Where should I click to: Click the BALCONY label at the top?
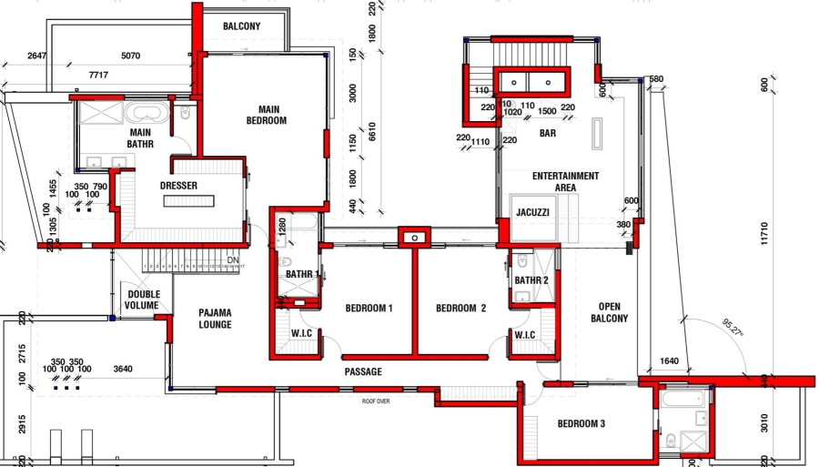point(242,26)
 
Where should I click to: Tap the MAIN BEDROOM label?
point(267,115)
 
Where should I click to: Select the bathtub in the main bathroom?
point(146,114)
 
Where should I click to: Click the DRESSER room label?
point(178,186)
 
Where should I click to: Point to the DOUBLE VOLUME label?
point(144,299)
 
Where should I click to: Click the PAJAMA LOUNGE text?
point(216,319)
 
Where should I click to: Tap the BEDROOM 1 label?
point(369,309)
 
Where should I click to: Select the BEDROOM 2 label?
point(460,309)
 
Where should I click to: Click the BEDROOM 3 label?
point(581,423)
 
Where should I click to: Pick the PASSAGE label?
point(363,371)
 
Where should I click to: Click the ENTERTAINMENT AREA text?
point(565,181)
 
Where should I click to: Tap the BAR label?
point(548,133)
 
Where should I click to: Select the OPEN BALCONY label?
point(609,312)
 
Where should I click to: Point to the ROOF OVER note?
point(376,401)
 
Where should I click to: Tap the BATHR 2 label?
point(531,280)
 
